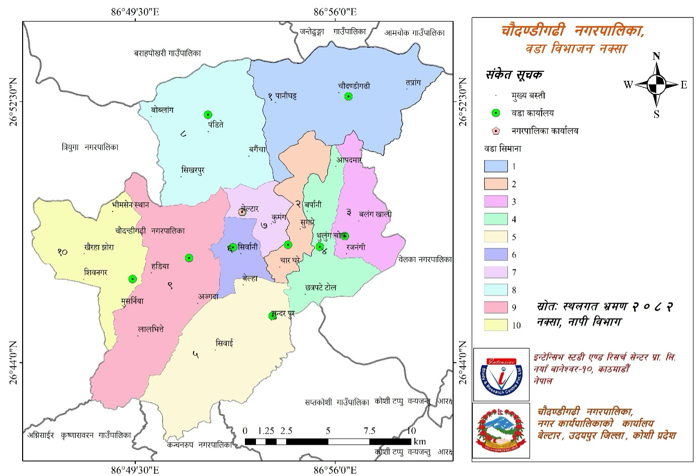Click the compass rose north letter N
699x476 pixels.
click(x=656, y=56)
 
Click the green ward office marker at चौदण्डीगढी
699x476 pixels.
click(x=348, y=97)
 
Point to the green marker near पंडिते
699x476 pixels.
click(x=208, y=115)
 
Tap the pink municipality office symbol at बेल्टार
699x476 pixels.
click(x=242, y=212)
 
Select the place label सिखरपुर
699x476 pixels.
click(x=193, y=170)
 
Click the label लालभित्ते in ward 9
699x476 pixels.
click(x=151, y=329)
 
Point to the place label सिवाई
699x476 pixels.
click(x=224, y=343)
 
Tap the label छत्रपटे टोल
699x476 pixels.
click(x=320, y=288)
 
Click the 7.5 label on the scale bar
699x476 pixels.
click(x=370, y=431)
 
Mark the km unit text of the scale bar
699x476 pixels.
click(x=419, y=442)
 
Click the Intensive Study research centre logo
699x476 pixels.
click(x=501, y=374)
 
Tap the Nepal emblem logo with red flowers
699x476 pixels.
click(x=501, y=430)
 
